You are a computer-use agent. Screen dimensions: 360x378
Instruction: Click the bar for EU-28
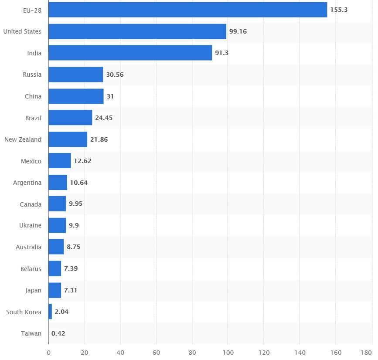tap(187, 10)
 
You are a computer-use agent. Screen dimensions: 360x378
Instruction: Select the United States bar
tap(137, 31)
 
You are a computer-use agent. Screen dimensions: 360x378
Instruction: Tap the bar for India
tap(130, 53)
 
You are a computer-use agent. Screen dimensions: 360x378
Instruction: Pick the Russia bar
tap(75, 75)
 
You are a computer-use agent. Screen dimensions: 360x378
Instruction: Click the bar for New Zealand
tap(68, 139)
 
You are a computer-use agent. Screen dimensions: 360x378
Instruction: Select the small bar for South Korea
tap(50, 312)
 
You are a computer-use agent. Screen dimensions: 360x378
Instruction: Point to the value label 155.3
tap(339, 10)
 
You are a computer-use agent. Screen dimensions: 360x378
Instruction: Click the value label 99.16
tap(238, 31)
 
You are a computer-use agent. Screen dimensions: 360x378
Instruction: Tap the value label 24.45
tap(104, 118)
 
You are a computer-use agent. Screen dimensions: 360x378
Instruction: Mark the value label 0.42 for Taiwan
tap(58, 333)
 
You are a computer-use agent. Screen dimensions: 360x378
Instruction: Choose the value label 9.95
tap(75, 204)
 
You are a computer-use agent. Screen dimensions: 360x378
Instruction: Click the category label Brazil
tap(33, 118)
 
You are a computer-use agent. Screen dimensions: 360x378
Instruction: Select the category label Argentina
tap(27, 183)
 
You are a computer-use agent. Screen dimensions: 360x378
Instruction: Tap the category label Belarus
tap(31, 269)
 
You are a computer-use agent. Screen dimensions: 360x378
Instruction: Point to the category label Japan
tap(34, 290)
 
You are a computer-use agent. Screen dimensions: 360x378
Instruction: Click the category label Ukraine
tap(31, 226)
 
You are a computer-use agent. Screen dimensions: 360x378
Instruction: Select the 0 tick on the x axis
tap(48, 352)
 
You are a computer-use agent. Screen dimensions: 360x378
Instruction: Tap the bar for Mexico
tap(59, 161)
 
